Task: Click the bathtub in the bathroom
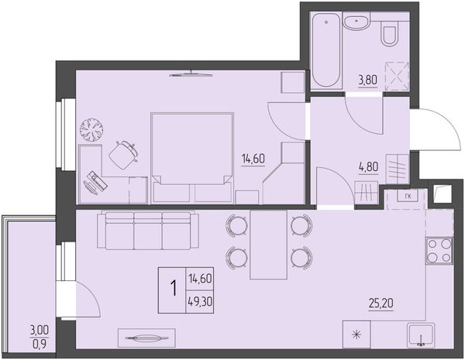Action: tap(326, 50)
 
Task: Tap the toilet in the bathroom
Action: tap(389, 36)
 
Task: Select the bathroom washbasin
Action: tap(356, 22)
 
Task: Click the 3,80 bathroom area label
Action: tap(368, 80)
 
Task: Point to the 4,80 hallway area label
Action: tap(368, 167)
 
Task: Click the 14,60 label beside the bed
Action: tap(253, 159)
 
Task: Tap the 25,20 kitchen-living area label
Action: tap(381, 303)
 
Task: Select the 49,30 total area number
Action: tap(200, 302)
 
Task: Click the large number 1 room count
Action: tap(173, 289)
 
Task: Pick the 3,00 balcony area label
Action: tap(40, 330)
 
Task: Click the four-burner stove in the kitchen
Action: tap(439, 251)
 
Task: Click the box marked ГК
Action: tap(408, 196)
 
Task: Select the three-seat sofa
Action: tap(148, 230)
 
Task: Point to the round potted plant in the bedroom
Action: tap(91, 130)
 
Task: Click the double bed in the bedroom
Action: tap(192, 158)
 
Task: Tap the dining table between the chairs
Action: tap(269, 245)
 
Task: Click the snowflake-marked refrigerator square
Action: tap(356, 334)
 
